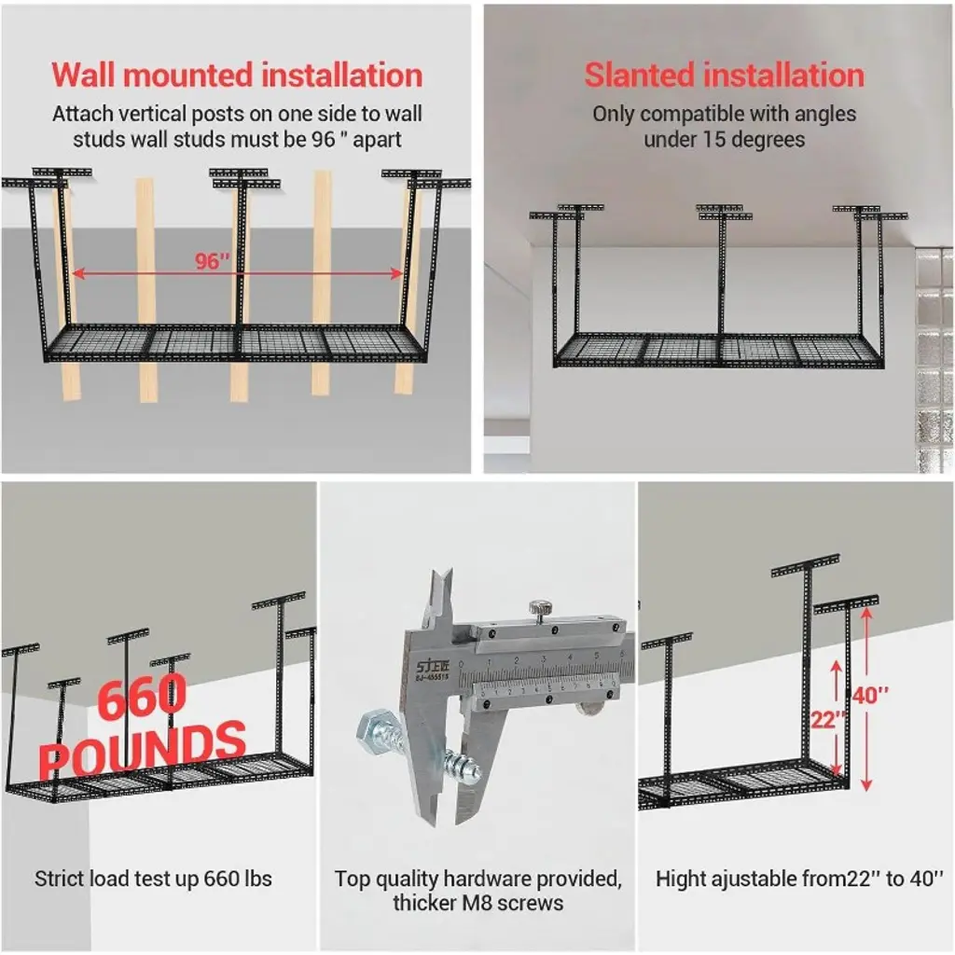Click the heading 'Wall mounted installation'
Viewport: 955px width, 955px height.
pos(237,75)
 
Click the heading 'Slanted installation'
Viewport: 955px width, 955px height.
pos(724,75)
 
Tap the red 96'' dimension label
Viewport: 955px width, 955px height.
pos(213,260)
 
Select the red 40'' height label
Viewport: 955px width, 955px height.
pos(871,696)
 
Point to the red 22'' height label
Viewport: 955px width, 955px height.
pos(827,720)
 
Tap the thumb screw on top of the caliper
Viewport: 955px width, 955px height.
pos(538,609)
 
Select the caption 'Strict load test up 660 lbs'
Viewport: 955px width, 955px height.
pos(153,879)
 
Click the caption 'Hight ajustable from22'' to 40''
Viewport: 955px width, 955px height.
pos(799,879)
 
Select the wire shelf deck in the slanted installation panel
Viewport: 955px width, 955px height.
pos(718,350)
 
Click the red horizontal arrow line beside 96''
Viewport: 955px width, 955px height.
pos(317,274)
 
